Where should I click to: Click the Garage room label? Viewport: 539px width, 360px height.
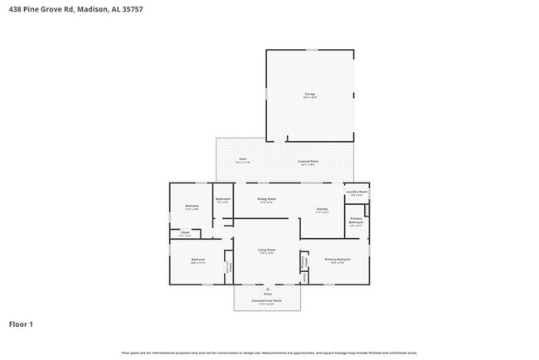[x=309, y=95]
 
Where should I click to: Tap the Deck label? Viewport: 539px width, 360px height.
[x=242, y=158]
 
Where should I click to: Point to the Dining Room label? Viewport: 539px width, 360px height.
[x=265, y=199]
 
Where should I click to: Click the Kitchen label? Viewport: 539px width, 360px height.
[x=322, y=209]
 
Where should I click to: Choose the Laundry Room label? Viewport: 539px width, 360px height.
[x=357, y=192]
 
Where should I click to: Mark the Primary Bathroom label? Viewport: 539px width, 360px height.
[x=356, y=221]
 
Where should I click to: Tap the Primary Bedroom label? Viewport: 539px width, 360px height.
[x=337, y=259]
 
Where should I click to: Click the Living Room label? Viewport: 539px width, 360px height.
[x=265, y=250]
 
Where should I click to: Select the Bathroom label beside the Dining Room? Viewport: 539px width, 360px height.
[x=223, y=199]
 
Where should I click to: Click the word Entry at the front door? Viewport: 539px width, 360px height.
[x=267, y=294]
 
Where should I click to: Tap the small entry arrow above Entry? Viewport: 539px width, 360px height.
[x=267, y=288]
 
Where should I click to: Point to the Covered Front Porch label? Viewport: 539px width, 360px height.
[x=267, y=301]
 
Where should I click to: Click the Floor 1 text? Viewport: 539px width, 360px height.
[x=22, y=324]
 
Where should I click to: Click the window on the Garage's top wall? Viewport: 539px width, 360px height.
[x=311, y=50]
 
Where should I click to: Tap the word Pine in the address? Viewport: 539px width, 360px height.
[x=34, y=10]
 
